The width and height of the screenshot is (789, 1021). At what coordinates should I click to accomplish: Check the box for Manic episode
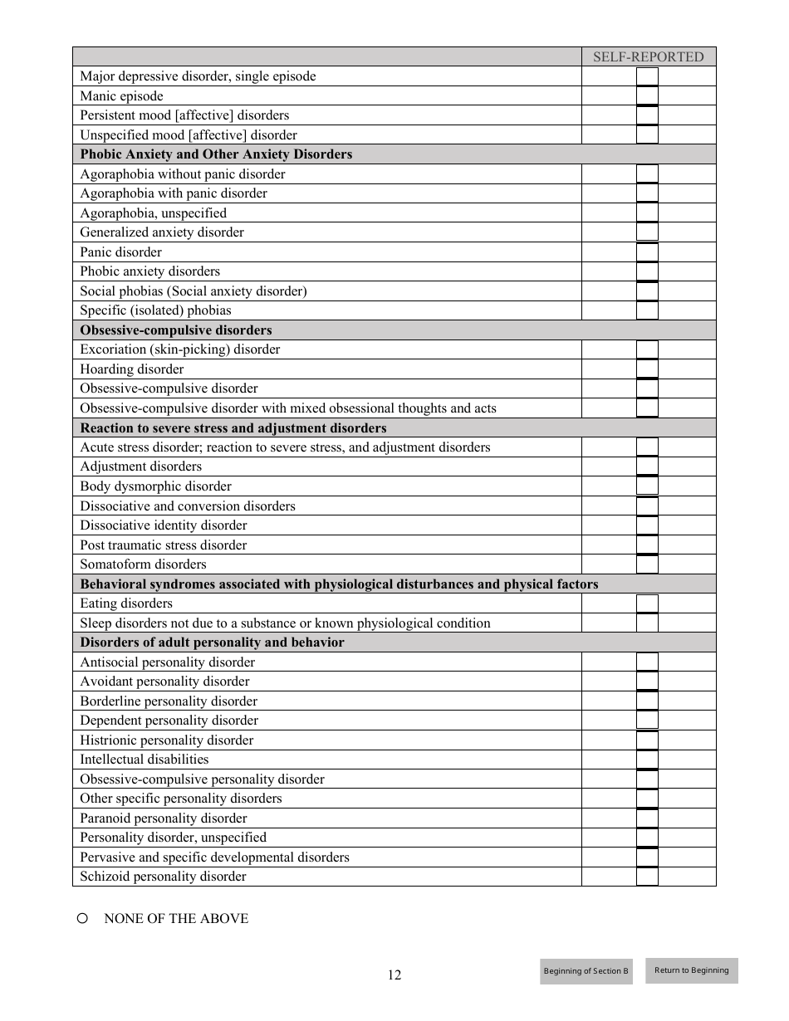pos(647,96)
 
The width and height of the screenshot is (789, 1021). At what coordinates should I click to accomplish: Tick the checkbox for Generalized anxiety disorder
pos(647,232)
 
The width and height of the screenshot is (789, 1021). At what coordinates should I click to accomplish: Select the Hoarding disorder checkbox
pos(647,369)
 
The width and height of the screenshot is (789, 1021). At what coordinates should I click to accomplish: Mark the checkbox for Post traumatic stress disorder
pos(647,545)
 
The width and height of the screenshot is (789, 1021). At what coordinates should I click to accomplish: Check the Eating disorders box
pos(647,603)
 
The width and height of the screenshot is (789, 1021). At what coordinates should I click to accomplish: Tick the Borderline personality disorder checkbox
pos(647,701)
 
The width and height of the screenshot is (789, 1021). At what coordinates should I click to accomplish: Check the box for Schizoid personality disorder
pos(647,877)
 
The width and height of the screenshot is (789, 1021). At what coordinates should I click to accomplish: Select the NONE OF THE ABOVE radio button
pos(83,918)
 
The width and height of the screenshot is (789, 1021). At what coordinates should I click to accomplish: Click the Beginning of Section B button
pos(586,971)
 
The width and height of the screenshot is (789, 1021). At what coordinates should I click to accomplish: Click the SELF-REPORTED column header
pos(648,57)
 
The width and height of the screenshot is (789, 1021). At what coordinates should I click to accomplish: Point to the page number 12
pos(394,975)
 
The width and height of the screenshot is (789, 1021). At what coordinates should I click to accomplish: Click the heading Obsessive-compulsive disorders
pos(176,330)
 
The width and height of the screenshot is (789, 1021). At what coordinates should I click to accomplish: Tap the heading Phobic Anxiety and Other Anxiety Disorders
pos(216,154)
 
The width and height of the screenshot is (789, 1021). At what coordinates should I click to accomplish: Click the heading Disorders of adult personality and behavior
pos(212,642)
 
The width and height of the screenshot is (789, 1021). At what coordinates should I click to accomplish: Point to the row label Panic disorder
pos(121,252)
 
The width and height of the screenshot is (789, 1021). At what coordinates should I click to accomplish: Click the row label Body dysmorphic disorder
pos(155,486)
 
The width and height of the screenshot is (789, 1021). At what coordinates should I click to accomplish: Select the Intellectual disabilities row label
pos(145,760)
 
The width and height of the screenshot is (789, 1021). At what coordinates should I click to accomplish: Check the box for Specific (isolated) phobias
pos(647,310)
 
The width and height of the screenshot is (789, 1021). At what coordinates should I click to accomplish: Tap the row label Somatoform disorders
pos(143,564)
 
